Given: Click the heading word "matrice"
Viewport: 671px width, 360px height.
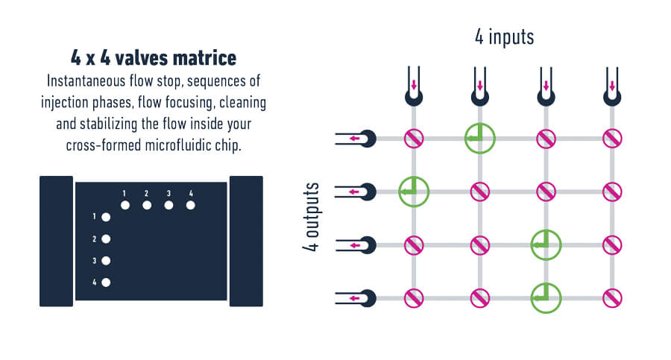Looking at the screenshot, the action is [x=204, y=58].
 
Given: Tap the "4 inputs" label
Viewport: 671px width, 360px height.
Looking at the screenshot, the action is [x=505, y=37].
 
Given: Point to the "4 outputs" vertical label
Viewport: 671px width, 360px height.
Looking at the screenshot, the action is [x=311, y=217].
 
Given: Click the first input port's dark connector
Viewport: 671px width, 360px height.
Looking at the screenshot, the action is [x=414, y=97].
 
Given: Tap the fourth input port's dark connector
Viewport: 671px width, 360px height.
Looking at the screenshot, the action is [x=612, y=97].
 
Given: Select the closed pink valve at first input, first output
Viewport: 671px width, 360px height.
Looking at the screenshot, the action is [x=414, y=139].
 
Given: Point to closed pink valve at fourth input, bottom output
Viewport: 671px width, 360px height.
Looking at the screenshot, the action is [x=612, y=298].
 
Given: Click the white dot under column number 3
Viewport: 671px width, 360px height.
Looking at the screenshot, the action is [x=168, y=206].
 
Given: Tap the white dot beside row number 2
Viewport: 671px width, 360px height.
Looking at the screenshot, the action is [x=106, y=239].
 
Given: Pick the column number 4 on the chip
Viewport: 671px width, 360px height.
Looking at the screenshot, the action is [x=191, y=194].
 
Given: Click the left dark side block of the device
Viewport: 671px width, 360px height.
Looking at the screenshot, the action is [x=56, y=241].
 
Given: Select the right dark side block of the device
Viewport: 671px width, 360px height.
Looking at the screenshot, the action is [x=246, y=241].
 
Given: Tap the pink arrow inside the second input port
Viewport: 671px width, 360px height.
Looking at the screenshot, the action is [x=479, y=85].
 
